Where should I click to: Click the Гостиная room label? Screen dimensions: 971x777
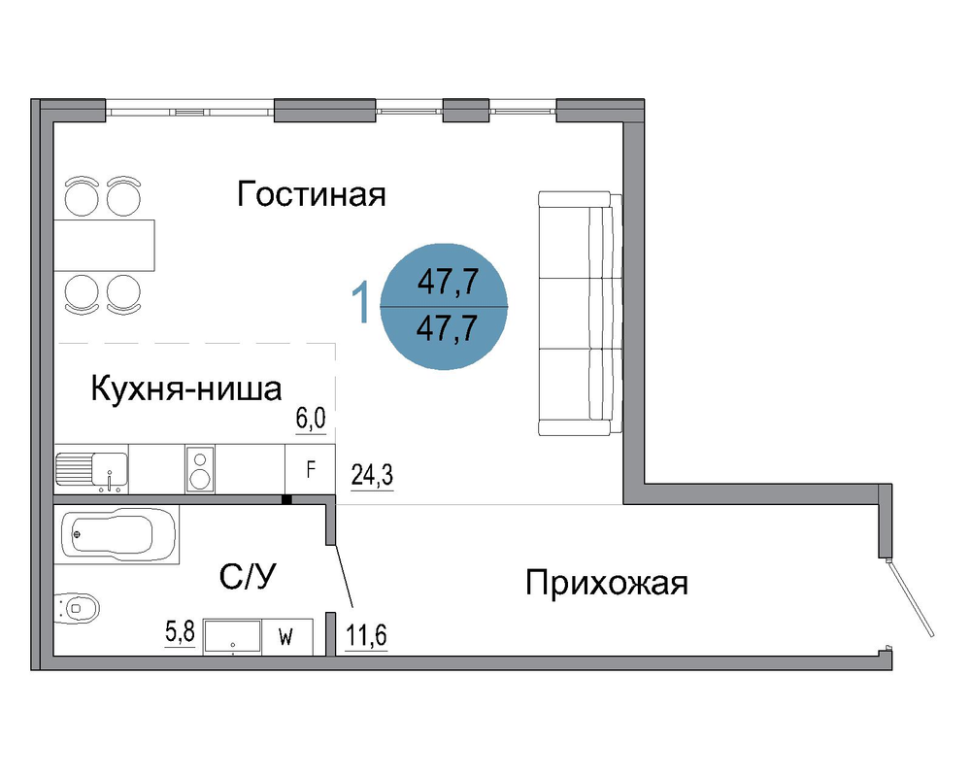point(312,194)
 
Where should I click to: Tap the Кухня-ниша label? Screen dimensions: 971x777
point(185,389)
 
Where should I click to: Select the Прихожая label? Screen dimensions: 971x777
point(606,583)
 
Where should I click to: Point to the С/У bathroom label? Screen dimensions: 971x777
point(248,576)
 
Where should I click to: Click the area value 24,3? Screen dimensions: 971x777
point(372,475)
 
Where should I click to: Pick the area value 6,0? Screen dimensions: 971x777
point(311,419)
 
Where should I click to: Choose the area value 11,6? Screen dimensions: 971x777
point(366,635)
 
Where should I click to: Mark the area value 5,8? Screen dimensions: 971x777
point(180,632)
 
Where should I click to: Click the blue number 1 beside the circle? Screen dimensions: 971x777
point(360,302)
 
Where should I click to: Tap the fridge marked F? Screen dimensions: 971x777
point(311,469)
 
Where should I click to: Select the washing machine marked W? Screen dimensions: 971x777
point(286,636)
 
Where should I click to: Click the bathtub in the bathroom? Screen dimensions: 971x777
point(117,534)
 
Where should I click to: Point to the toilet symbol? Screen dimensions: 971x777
point(77,608)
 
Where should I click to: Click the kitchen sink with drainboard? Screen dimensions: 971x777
point(91,469)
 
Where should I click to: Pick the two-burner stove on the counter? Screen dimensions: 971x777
point(200,469)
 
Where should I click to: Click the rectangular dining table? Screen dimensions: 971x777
point(104,246)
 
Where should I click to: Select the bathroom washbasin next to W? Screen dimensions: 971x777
point(232,636)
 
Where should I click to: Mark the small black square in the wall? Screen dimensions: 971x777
point(286,499)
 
